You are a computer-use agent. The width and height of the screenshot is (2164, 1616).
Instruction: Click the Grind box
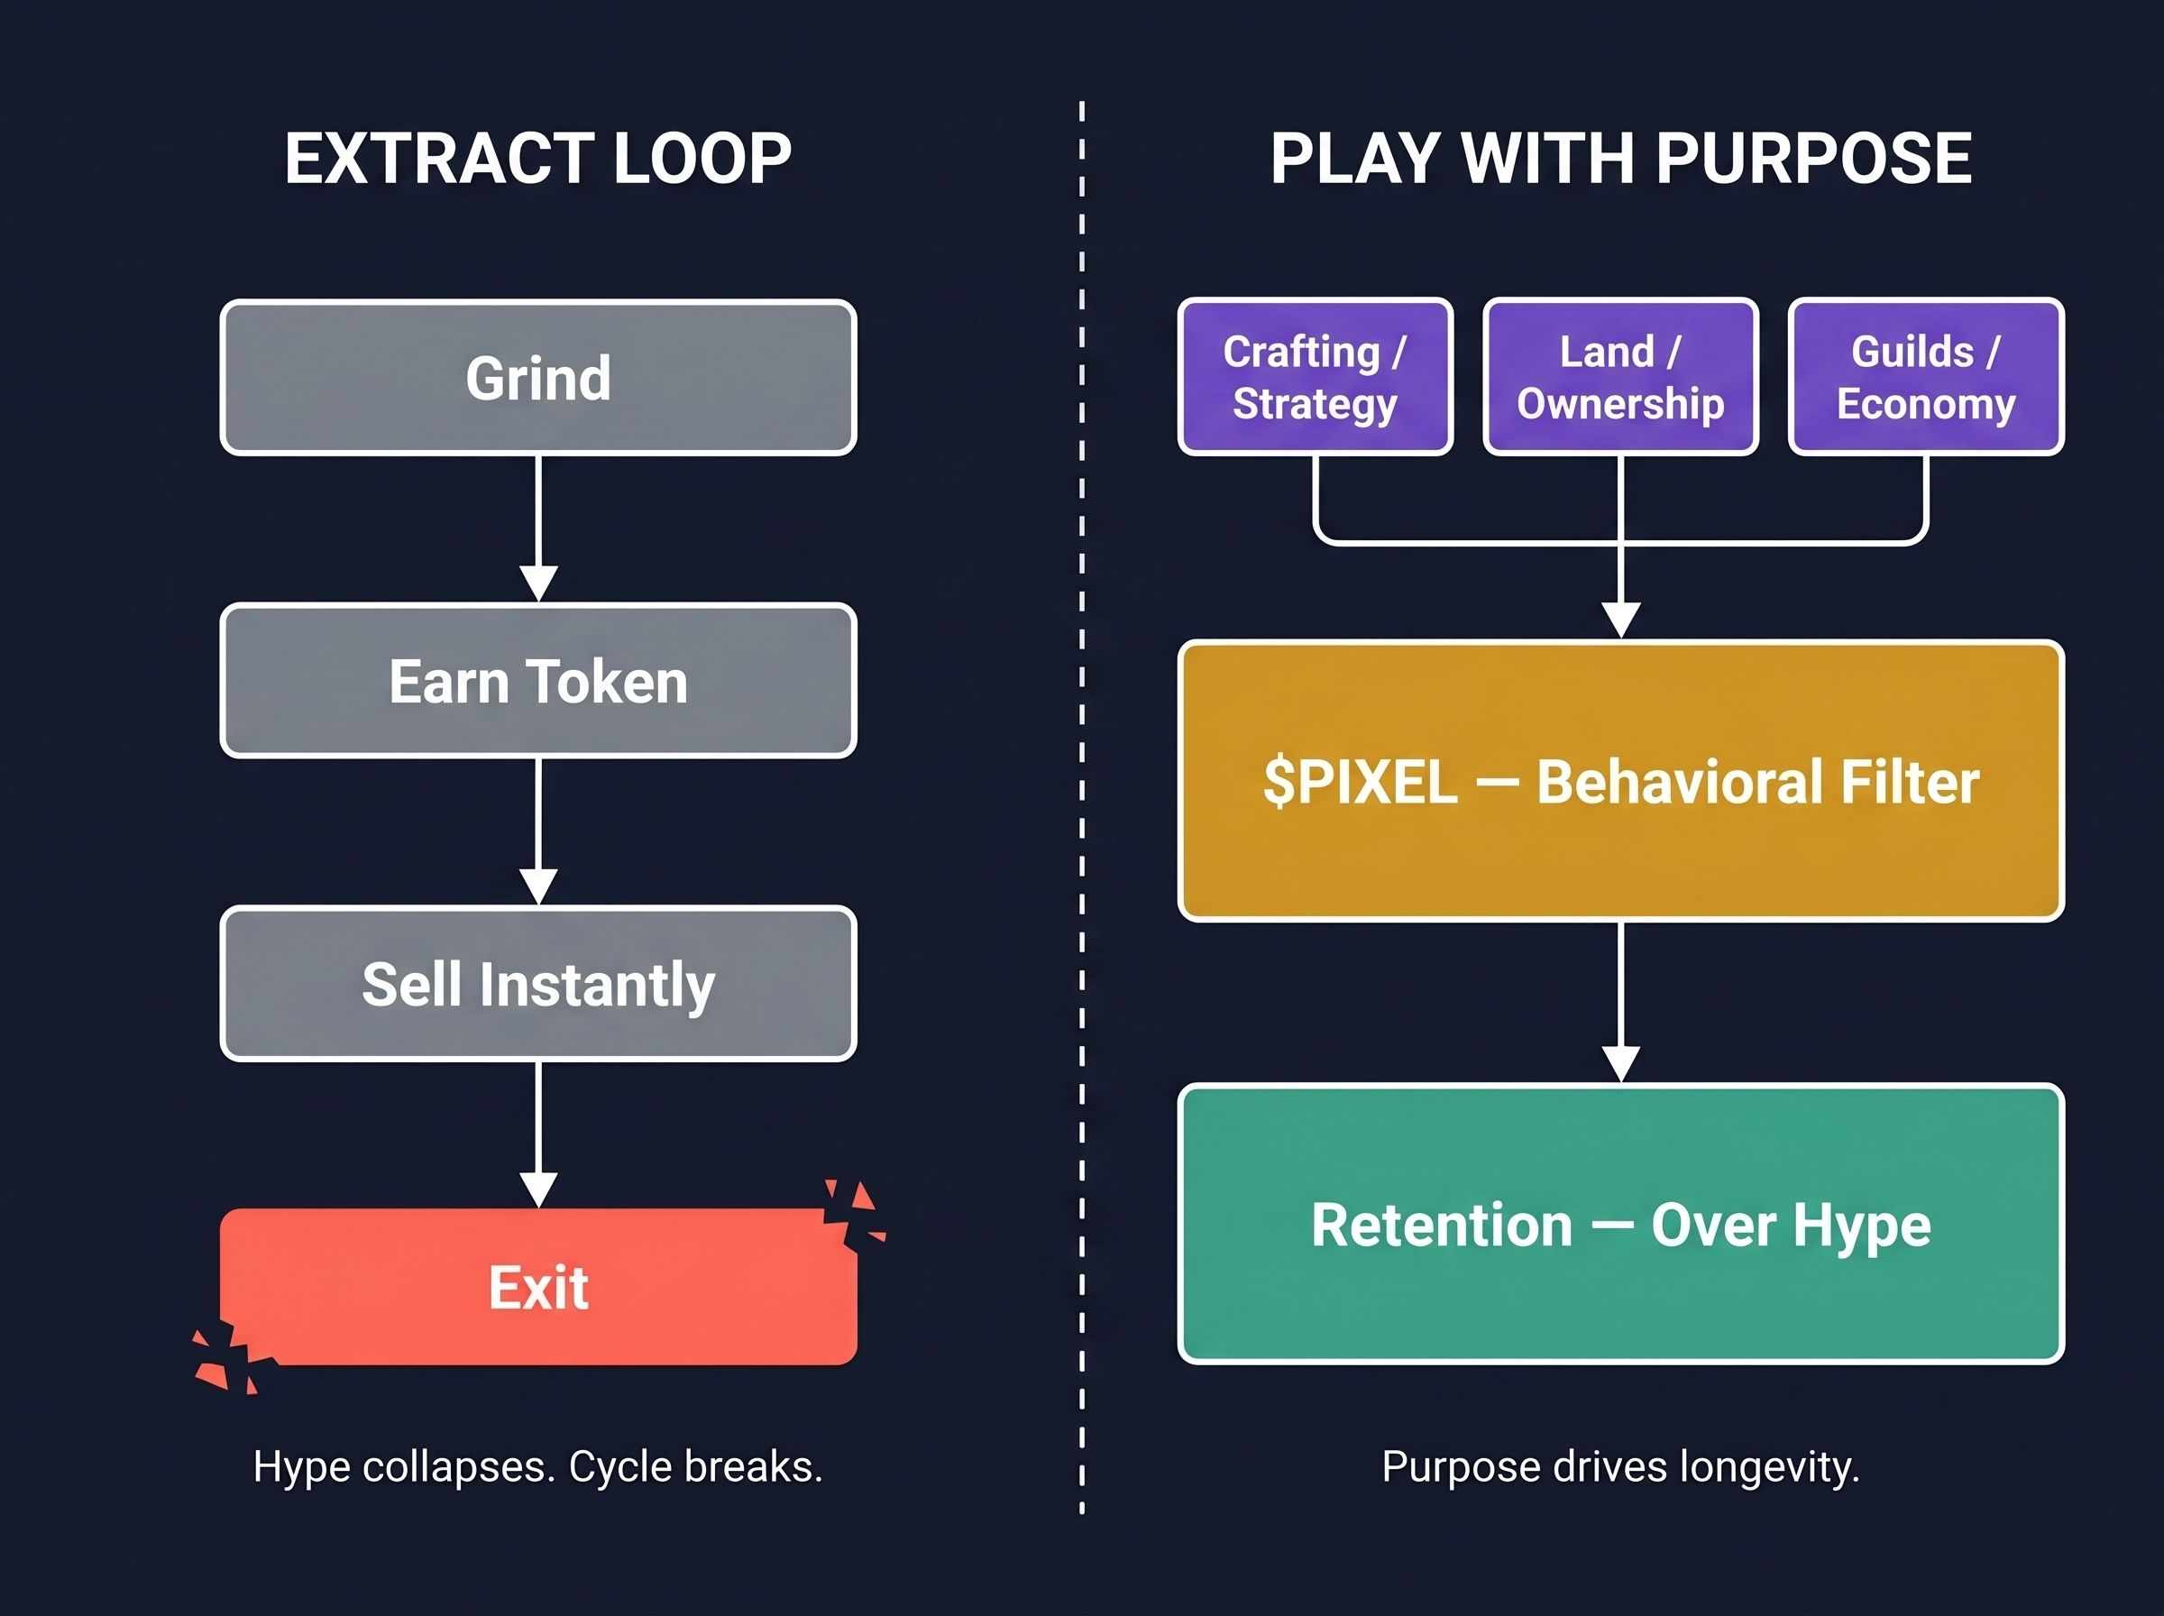[x=537, y=378]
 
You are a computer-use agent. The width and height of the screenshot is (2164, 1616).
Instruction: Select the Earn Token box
[x=537, y=681]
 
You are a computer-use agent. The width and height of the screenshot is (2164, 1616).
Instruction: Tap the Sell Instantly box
[x=537, y=984]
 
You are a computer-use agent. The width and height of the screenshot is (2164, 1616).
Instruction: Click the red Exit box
[x=537, y=1288]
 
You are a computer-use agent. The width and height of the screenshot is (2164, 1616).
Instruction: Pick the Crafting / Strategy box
[x=1316, y=378]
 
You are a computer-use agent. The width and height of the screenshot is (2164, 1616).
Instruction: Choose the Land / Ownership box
[x=1620, y=378]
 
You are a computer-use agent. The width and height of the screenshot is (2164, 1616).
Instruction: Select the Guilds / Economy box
[x=1925, y=378]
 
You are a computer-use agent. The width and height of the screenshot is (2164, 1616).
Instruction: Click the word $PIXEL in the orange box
[x=1359, y=782]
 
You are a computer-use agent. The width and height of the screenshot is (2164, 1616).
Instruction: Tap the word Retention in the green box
[x=1442, y=1225]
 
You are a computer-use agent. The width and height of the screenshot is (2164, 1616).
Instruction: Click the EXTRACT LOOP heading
[x=537, y=159]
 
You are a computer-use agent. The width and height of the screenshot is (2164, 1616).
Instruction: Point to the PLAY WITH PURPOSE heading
[x=1620, y=159]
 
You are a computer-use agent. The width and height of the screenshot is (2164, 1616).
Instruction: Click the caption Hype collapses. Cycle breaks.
[x=537, y=1466]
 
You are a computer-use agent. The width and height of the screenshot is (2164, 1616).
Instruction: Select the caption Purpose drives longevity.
[x=1620, y=1466]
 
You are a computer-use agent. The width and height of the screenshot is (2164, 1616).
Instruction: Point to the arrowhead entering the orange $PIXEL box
[x=1621, y=620]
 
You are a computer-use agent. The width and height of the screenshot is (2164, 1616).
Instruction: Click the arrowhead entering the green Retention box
[x=1621, y=1063]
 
